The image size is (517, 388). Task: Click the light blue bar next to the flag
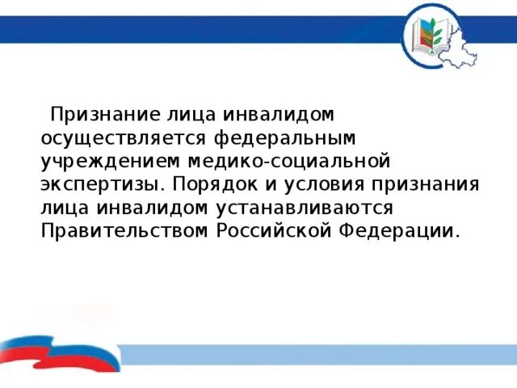[x=315, y=353]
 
